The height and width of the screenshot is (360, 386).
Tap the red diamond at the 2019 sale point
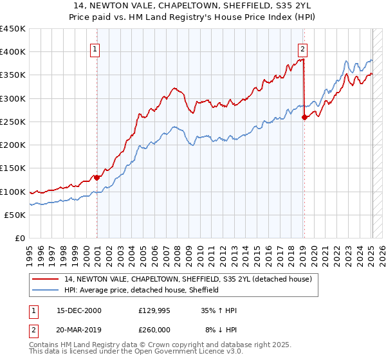point(304,117)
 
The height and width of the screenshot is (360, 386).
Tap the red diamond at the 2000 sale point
point(96,177)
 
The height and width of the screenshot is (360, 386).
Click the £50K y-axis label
point(15,215)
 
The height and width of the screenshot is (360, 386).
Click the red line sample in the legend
point(45,279)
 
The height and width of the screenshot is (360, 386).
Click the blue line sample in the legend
point(45,290)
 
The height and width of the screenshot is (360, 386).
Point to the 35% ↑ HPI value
point(218,310)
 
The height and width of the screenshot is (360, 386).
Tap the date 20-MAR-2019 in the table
point(78,329)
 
